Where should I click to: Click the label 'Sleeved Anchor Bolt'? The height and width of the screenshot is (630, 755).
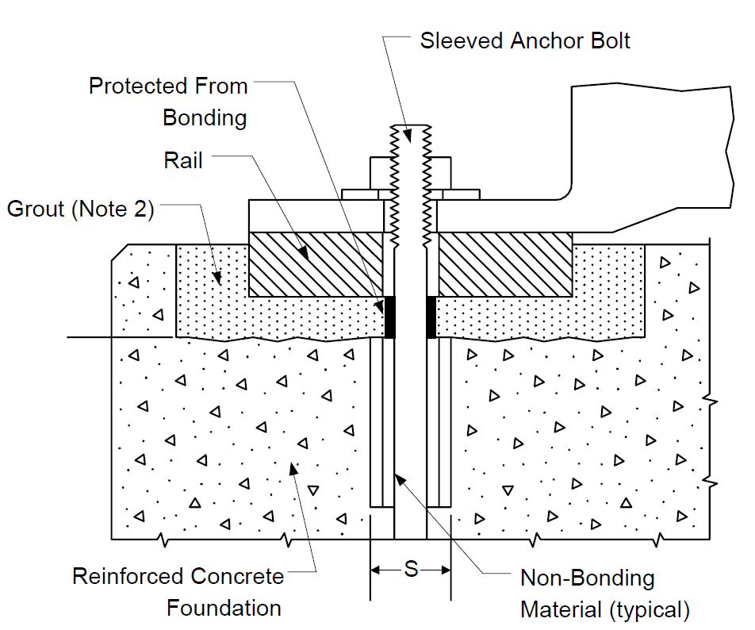525,41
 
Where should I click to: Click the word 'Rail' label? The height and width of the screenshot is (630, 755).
183,160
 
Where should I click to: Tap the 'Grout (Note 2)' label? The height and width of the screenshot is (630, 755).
80,209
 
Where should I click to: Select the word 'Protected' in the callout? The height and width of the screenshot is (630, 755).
137,86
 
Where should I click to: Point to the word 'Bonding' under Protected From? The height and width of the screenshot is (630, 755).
205,118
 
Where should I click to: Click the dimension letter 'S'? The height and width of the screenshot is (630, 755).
411,570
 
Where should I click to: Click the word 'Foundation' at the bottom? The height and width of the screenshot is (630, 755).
224,608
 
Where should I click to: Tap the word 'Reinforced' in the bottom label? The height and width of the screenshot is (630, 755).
129,576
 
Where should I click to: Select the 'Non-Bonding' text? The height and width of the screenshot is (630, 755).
588,578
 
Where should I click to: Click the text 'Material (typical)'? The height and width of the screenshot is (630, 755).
605,610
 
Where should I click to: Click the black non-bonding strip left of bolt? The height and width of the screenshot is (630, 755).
390,317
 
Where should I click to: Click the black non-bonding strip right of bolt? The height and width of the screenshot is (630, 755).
431,317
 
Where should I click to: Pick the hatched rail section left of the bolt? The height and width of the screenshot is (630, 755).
316,264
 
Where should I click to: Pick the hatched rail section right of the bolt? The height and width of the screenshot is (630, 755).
505,264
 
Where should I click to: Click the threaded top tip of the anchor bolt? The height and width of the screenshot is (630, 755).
411,127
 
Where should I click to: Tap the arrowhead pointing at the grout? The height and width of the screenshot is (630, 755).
217,278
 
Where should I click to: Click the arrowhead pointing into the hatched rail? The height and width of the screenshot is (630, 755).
303,254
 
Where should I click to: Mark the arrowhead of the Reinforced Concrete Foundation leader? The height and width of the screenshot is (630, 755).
293,467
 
